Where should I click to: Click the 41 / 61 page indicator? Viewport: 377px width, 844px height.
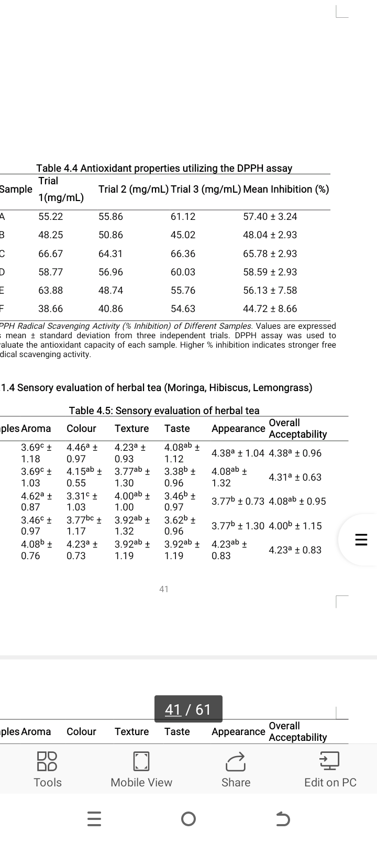point(188,709)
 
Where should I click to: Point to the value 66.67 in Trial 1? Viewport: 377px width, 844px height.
point(50,253)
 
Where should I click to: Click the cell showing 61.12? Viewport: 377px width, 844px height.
point(183,217)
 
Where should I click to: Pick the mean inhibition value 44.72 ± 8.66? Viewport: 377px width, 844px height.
point(270,309)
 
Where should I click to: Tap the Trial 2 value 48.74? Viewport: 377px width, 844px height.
point(110,290)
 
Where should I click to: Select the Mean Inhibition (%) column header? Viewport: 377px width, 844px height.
point(286,189)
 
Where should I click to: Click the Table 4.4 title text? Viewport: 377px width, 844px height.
point(164,168)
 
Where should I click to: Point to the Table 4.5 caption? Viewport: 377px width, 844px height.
point(164,410)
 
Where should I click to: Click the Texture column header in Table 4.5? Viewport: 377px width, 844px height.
point(131,428)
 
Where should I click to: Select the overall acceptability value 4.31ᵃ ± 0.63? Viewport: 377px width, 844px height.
point(295,477)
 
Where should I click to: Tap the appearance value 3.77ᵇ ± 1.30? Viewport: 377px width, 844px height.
point(238,526)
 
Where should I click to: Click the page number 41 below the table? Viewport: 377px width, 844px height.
point(164,589)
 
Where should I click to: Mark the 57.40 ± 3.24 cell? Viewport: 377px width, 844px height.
point(270,217)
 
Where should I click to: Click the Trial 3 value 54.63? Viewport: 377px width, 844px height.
point(183,309)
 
